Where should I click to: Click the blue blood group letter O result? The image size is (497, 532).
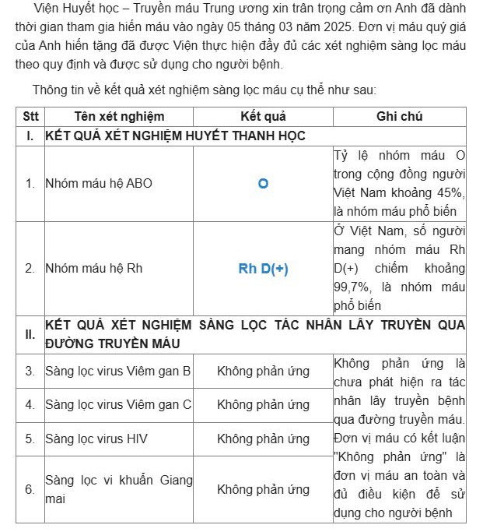point(263,184)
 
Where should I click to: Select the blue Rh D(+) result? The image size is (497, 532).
point(263,268)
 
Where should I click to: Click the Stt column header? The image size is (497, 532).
point(30,117)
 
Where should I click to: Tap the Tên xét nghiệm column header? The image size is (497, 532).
point(119,117)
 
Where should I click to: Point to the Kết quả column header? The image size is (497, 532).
point(263,117)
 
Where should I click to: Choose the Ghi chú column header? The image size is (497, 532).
point(399,117)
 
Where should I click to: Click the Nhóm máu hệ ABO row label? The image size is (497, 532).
point(99,184)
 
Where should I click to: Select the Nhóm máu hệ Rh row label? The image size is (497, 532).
point(93,268)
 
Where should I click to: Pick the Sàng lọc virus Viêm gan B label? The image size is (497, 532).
point(118,371)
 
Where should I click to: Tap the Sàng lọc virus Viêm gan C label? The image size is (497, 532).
point(118,405)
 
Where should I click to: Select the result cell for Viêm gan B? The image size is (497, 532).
point(263,371)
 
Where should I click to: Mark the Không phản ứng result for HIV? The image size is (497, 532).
point(263,439)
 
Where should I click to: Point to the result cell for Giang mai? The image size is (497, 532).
point(263,489)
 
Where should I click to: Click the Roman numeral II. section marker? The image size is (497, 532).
point(30,334)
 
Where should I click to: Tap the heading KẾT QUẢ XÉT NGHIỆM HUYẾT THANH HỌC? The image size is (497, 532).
point(175,136)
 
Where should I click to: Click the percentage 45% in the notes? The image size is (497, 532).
point(450,192)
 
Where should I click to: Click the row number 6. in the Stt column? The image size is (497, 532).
point(30,489)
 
